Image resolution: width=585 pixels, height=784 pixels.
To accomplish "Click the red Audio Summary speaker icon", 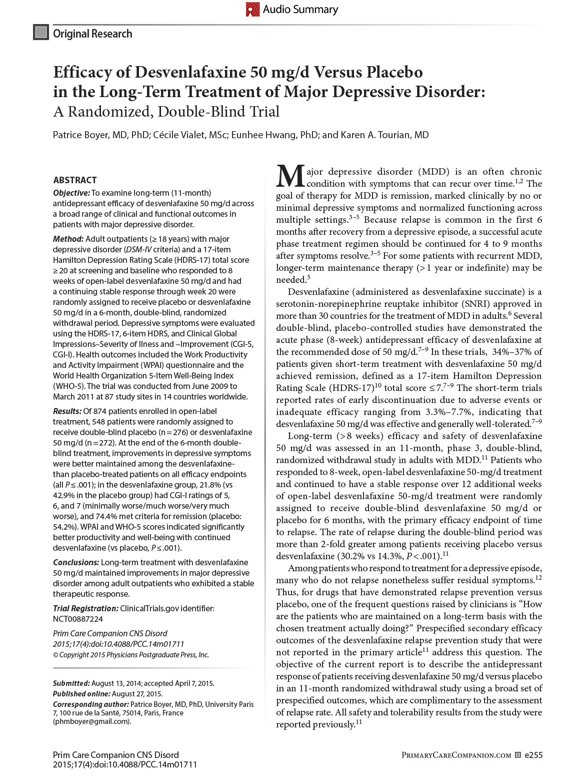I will click(x=252, y=10).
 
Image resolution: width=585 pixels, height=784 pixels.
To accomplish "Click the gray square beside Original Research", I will click(x=40, y=33).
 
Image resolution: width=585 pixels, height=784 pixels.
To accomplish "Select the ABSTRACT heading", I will click(x=75, y=180).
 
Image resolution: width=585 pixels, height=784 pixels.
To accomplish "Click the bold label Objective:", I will click(x=71, y=193).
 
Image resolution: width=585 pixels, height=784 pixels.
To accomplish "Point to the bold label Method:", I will click(x=68, y=239).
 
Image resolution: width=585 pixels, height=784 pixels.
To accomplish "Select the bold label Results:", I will click(x=67, y=411).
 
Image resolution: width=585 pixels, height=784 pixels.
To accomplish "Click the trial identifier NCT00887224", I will click(x=78, y=619).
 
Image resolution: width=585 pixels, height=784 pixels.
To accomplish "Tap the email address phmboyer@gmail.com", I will click(x=92, y=721).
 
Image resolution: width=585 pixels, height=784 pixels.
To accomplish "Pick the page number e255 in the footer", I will click(x=533, y=755).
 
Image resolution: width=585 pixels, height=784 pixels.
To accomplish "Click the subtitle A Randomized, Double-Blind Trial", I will click(x=166, y=111).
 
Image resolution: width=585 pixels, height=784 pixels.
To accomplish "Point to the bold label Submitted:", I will click(x=71, y=683).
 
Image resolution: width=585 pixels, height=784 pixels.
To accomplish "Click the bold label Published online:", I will click(x=81, y=694).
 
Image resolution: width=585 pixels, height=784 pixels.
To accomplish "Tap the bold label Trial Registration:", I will click(x=85, y=608).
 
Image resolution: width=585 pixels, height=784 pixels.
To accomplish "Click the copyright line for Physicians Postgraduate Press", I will click(x=131, y=655).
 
